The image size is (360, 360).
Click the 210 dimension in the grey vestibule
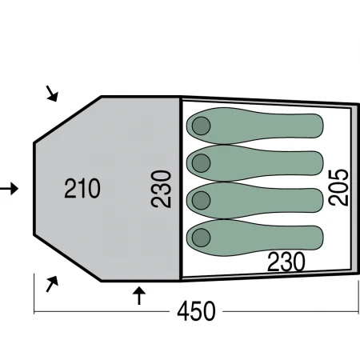pos(82,188)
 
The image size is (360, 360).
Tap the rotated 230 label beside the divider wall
pos(161,189)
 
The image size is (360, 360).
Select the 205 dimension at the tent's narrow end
pos(338,187)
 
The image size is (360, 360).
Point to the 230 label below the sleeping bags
pos(286,262)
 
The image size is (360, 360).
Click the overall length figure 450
pos(196,311)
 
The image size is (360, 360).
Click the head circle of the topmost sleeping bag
pos(201,126)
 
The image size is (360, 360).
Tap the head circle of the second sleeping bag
pos(201,163)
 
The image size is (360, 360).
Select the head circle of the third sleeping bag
pos(201,200)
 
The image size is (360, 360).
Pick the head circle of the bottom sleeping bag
pos(201,238)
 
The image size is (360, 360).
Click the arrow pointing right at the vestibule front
pos(9,189)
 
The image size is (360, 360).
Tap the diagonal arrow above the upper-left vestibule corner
pos(52,94)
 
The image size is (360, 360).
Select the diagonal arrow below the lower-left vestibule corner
pos(52,284)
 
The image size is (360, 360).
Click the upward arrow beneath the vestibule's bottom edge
pos(139,296)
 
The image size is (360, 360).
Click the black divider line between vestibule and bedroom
pos(181,188)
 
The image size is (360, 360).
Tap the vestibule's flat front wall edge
pos(34,189)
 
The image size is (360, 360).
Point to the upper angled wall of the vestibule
pos(68,119)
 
